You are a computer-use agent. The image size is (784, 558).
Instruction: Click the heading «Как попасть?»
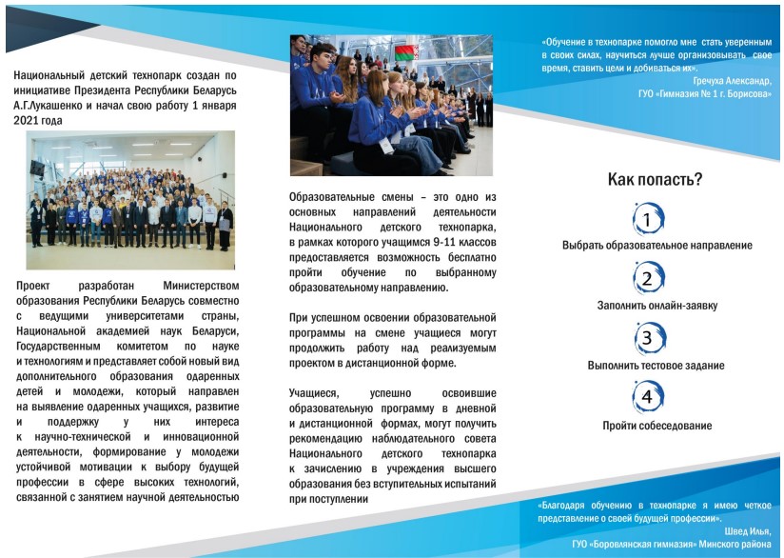coord(655,179)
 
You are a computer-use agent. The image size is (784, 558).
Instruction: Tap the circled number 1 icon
coord(648,219)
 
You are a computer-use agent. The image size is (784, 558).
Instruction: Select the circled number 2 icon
coord(648,278)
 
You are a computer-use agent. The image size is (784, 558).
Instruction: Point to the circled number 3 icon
coord(648,338)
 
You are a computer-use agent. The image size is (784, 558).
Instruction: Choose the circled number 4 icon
coord(648,397)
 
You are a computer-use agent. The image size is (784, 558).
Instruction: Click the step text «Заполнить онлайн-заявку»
coord(657,306)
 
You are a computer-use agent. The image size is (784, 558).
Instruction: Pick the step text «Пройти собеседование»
coord(657,426)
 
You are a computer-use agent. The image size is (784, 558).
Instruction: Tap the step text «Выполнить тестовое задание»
coord(656,366)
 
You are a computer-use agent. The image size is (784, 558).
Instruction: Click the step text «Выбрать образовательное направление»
coord(657,246)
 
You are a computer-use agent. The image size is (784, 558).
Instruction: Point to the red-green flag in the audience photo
coord(406,52)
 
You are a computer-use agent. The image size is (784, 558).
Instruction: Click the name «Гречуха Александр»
coord(732,81)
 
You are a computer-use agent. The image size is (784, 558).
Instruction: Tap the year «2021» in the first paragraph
coord(25,121)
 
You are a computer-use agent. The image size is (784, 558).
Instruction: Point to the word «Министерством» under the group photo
coord(201,286)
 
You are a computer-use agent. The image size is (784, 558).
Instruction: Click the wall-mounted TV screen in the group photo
coord(37,168)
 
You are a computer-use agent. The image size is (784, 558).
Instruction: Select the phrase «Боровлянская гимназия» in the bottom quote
coord(641,544)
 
